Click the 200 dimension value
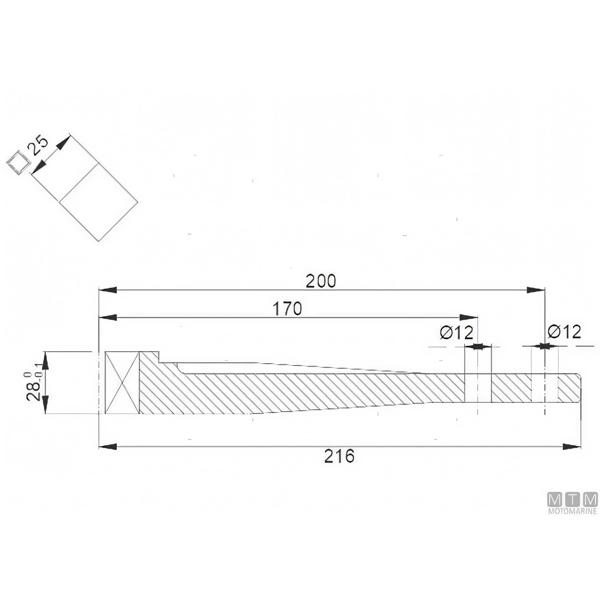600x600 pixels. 321,281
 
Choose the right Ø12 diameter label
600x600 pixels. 564,332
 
